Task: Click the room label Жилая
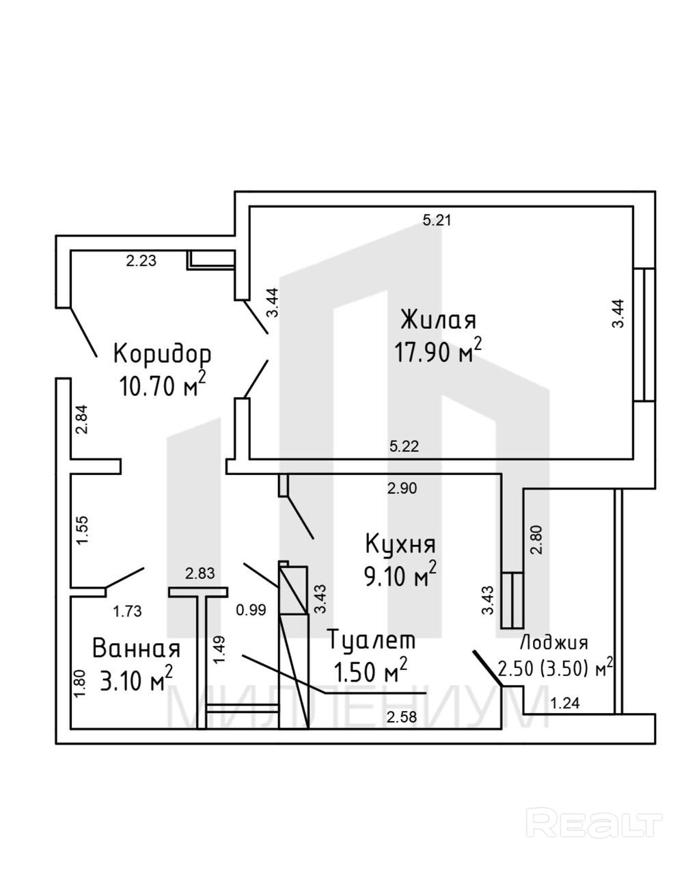pos(438,320)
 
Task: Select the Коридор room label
pos(162,353)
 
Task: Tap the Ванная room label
pos(137,647)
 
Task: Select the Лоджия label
pos(554,643)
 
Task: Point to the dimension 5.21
pos(437,220)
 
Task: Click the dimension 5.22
pos(403,446)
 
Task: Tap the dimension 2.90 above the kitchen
pos(402,488)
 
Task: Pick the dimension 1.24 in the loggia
pos(564,703)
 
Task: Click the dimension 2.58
pos(402,717)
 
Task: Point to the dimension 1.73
pos(127,611)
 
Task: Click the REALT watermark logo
pos(597,823)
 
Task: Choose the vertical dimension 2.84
pos(82,419)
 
